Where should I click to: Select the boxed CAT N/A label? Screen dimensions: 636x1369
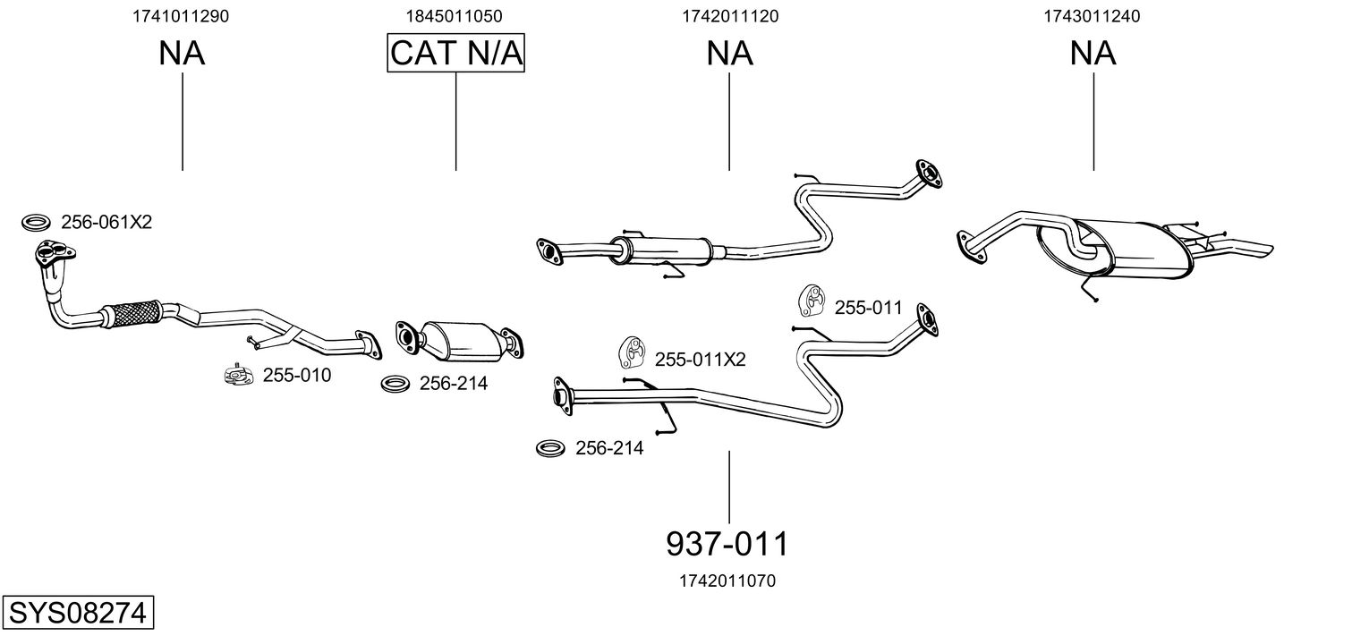pos(455,54)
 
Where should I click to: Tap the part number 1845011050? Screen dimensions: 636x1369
pos(455,16)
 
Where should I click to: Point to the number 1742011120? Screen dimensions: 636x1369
pos(729,16)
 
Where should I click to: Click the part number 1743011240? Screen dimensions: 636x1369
pos(1093,16)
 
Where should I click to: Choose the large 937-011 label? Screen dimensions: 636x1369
pos(728,543)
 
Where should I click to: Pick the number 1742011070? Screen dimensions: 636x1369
pos(728,581)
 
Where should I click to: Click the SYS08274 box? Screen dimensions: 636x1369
pos(78,614)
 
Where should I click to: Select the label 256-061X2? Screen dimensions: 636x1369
pos(106,222)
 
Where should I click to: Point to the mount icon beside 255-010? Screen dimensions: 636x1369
pos(238,376)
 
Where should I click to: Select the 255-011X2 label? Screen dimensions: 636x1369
pos(700,360)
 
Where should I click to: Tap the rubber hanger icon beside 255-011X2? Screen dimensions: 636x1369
pos(631,354)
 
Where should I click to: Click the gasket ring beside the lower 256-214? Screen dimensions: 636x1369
pos(549,448)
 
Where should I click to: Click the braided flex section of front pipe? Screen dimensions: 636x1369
pos(130,312)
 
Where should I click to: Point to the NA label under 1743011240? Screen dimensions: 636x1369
pos(1093,54)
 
